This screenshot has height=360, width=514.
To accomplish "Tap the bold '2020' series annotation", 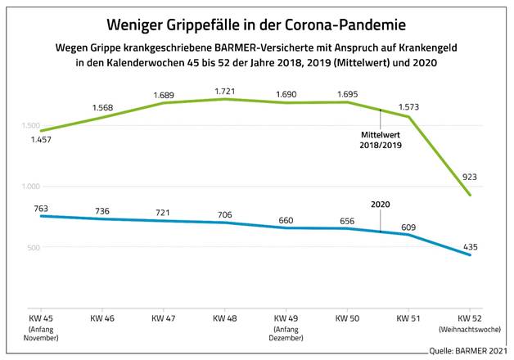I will coord(381,205).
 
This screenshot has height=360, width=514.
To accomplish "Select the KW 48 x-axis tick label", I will coord(225,317).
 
